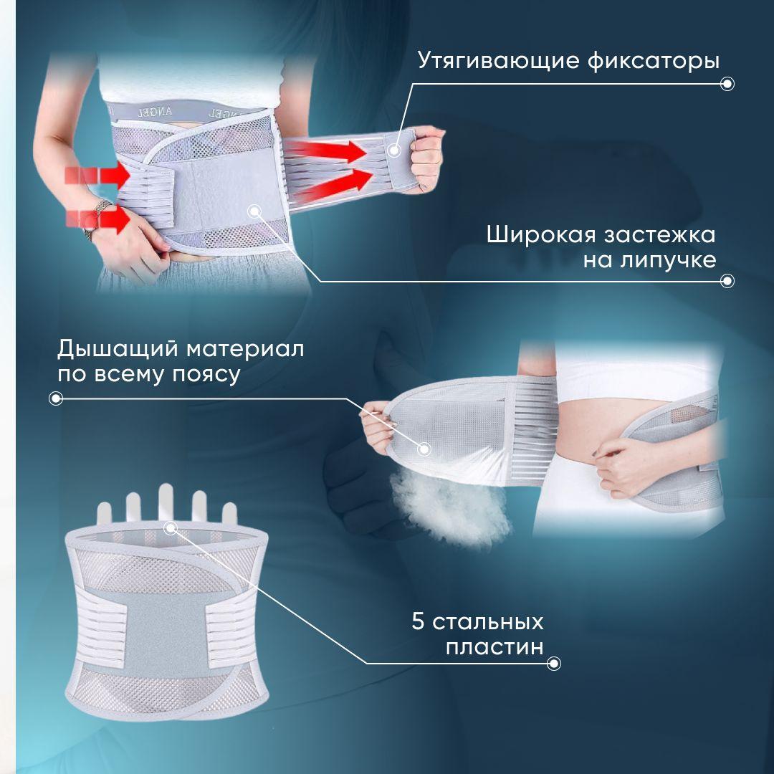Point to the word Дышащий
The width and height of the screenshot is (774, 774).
click(117, 350)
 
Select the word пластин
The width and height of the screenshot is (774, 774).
click(494, 647)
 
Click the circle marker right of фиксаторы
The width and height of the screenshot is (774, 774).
click(727, 84)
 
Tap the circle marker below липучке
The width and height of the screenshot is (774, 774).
click(727, 281)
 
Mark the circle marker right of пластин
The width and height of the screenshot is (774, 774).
click(553, 664)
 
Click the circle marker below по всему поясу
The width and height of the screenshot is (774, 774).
click(55, 398)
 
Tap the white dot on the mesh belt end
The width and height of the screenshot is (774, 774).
click(424, 449)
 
